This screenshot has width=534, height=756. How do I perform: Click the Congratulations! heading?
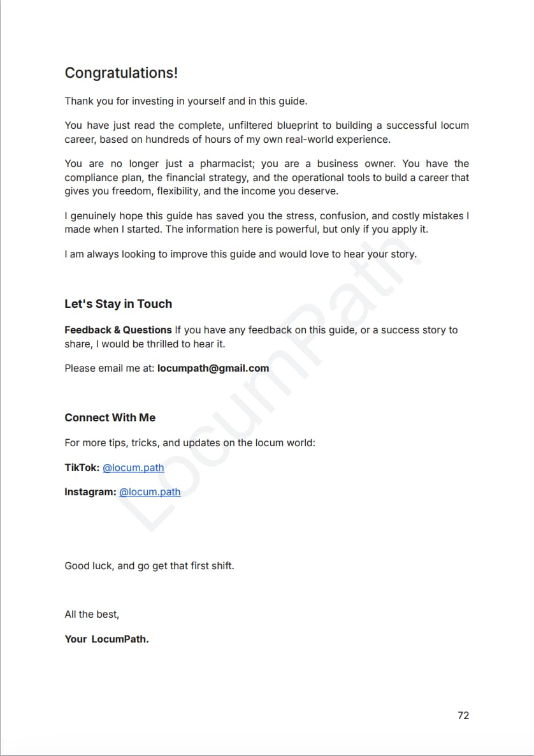[121, 73]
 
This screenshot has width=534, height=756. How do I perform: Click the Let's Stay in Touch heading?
[118, 304]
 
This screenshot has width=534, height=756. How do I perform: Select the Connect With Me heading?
[110, 418]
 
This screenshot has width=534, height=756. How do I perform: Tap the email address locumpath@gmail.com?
[213, 368]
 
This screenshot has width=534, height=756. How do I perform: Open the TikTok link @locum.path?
[133, 468]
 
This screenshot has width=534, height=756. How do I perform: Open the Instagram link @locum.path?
[150, 492]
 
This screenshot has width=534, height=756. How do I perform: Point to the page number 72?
[463, 715]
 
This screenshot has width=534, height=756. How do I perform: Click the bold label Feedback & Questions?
[118, 330]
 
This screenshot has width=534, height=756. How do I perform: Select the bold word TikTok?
[82, 468]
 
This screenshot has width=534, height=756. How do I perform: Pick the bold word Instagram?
[90, 492]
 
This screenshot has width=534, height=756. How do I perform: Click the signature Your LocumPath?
[106, 639]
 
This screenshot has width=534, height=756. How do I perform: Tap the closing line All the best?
[92, 614]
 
